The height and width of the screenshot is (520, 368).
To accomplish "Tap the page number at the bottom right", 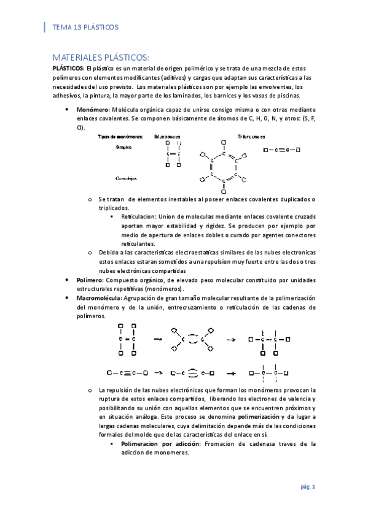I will coord(308,487).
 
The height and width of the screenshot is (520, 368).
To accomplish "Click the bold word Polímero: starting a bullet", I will coord(85,280).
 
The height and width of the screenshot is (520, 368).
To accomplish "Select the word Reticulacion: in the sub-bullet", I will coord(139,217).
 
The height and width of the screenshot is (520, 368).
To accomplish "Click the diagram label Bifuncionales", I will coord(168,137).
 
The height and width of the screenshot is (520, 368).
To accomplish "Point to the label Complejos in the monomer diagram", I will coord(127,178).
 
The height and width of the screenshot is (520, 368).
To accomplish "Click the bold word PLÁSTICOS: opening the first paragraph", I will coord(68,69).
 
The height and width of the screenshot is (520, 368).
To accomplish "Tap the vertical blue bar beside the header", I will coord(44,27).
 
